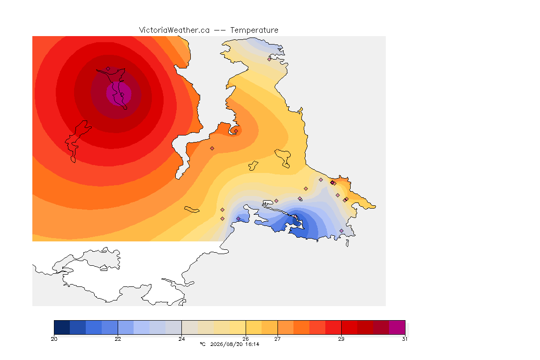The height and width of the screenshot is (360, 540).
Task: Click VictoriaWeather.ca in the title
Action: [174, 30]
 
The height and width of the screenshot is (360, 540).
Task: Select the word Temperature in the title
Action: [254, 30]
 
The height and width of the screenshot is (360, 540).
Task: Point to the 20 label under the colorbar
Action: [54, 339]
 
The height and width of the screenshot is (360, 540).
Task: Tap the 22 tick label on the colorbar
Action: [118, 339]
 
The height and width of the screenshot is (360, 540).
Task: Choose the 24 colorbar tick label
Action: [181, 339]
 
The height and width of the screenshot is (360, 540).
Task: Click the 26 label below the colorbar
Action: [246, 339]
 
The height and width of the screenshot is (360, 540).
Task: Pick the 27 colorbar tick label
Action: [277, 339]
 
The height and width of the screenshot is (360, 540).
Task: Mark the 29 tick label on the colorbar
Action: [341, 339]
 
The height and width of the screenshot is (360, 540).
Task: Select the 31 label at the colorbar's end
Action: [405, 339]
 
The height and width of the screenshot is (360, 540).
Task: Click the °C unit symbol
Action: [202, 344]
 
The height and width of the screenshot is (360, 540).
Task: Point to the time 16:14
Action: [252, 344]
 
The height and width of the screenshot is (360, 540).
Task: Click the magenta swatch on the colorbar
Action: [397, 327]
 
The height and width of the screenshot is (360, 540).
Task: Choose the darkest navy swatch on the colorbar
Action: [62, 327]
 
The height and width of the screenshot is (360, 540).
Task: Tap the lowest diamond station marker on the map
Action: [341, 231]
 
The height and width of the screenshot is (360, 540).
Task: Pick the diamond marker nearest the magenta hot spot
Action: [108, 69]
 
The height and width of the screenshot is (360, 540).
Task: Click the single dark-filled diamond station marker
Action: [332, 183]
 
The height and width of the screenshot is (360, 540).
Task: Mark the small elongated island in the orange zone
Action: [192, 210]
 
